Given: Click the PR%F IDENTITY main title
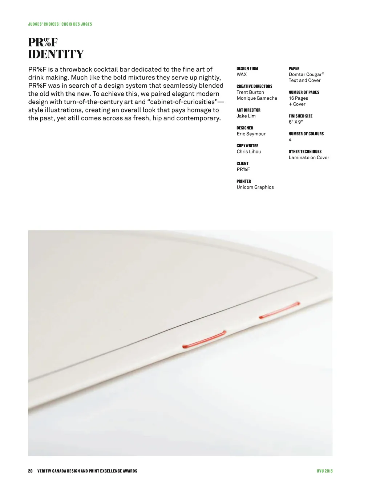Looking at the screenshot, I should click(56, 48).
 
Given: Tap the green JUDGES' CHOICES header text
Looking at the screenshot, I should click(60, 24).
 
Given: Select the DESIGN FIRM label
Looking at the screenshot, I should click(247, 69).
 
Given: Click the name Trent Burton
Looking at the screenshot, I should click(250, 92).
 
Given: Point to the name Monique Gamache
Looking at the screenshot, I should click(257, 98).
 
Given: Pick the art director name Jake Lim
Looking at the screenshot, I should click(246, 116).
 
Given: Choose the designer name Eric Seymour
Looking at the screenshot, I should click(251, 134).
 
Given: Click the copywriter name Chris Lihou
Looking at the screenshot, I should click(248, 152).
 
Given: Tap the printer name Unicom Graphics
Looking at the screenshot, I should click(255, 187).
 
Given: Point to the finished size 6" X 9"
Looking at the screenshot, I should click(295, 122).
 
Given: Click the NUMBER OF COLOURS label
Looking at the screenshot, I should click(306, 134).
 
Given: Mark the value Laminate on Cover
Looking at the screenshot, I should click(309, 158).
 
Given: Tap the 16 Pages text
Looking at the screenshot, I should click(298, 98).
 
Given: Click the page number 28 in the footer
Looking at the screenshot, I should click(30, 471).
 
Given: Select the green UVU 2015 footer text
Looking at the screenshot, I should click(324, 471).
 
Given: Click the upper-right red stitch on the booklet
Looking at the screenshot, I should click(279, 310).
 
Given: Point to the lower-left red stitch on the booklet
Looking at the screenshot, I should click(204, 339).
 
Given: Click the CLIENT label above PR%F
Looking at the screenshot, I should click(242, 164).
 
